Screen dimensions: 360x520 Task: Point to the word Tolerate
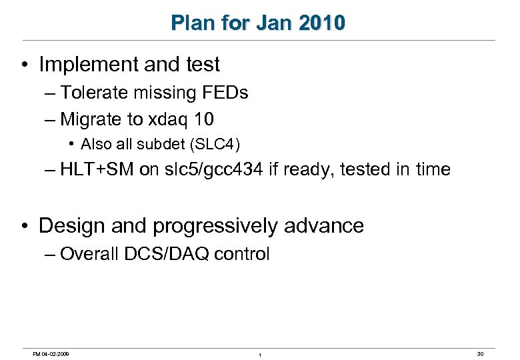pos(93,93)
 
